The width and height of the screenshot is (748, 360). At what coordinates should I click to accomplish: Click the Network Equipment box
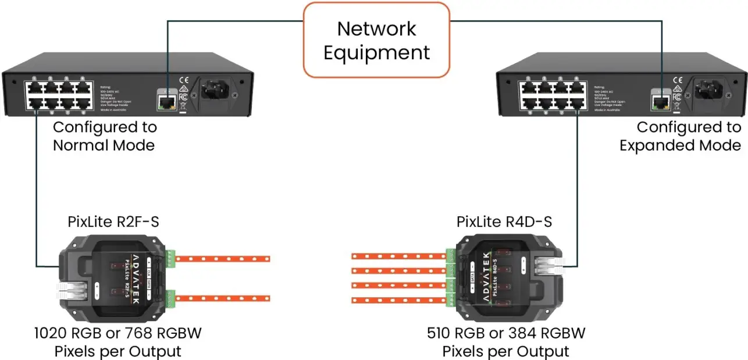[376, 40]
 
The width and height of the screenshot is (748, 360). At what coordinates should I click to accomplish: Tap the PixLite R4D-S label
[504, 222]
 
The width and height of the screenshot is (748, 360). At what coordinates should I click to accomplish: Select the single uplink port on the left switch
[166, 103]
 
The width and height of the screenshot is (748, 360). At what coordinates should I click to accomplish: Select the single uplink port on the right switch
[659, 103]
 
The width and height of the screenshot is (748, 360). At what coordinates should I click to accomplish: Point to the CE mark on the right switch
[676, 80]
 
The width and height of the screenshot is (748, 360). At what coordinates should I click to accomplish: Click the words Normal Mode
[104, 145]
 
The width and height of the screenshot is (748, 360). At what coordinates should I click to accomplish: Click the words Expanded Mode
[680, 145]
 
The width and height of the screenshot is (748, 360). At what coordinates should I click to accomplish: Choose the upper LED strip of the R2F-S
[223, 258]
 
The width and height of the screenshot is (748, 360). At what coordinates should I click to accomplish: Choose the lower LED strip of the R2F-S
[223, 298]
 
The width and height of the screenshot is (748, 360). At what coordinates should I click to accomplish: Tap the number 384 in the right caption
[526, 333]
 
